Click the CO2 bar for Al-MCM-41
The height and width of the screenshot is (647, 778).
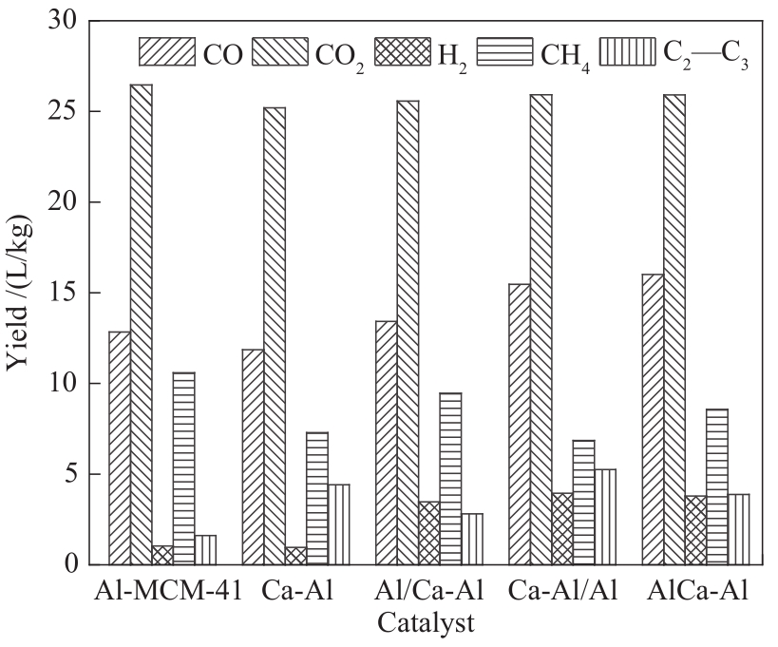coord(142,324)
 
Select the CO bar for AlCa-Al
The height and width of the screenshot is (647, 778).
coord(653,419)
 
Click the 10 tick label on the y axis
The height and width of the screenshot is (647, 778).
coord(65,384)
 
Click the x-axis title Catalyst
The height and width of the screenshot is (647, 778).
coord(426,624)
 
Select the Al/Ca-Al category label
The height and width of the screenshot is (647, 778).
coord(429,593)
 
